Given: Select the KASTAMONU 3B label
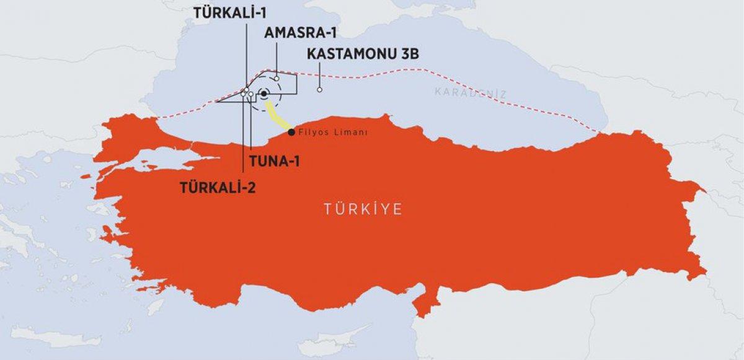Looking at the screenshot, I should point(363,55).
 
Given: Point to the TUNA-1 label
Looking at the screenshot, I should point(275,162).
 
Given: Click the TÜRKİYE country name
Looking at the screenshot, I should point(363,209).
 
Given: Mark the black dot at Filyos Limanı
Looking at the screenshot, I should point(291,132).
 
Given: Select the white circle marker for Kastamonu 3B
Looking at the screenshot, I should point(319,90).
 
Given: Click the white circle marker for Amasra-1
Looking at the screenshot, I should point(277,79).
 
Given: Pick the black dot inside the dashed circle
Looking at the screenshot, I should point(263,94).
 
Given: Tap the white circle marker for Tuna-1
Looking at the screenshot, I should point(250,94).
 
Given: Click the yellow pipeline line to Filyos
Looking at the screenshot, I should point(275,115).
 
